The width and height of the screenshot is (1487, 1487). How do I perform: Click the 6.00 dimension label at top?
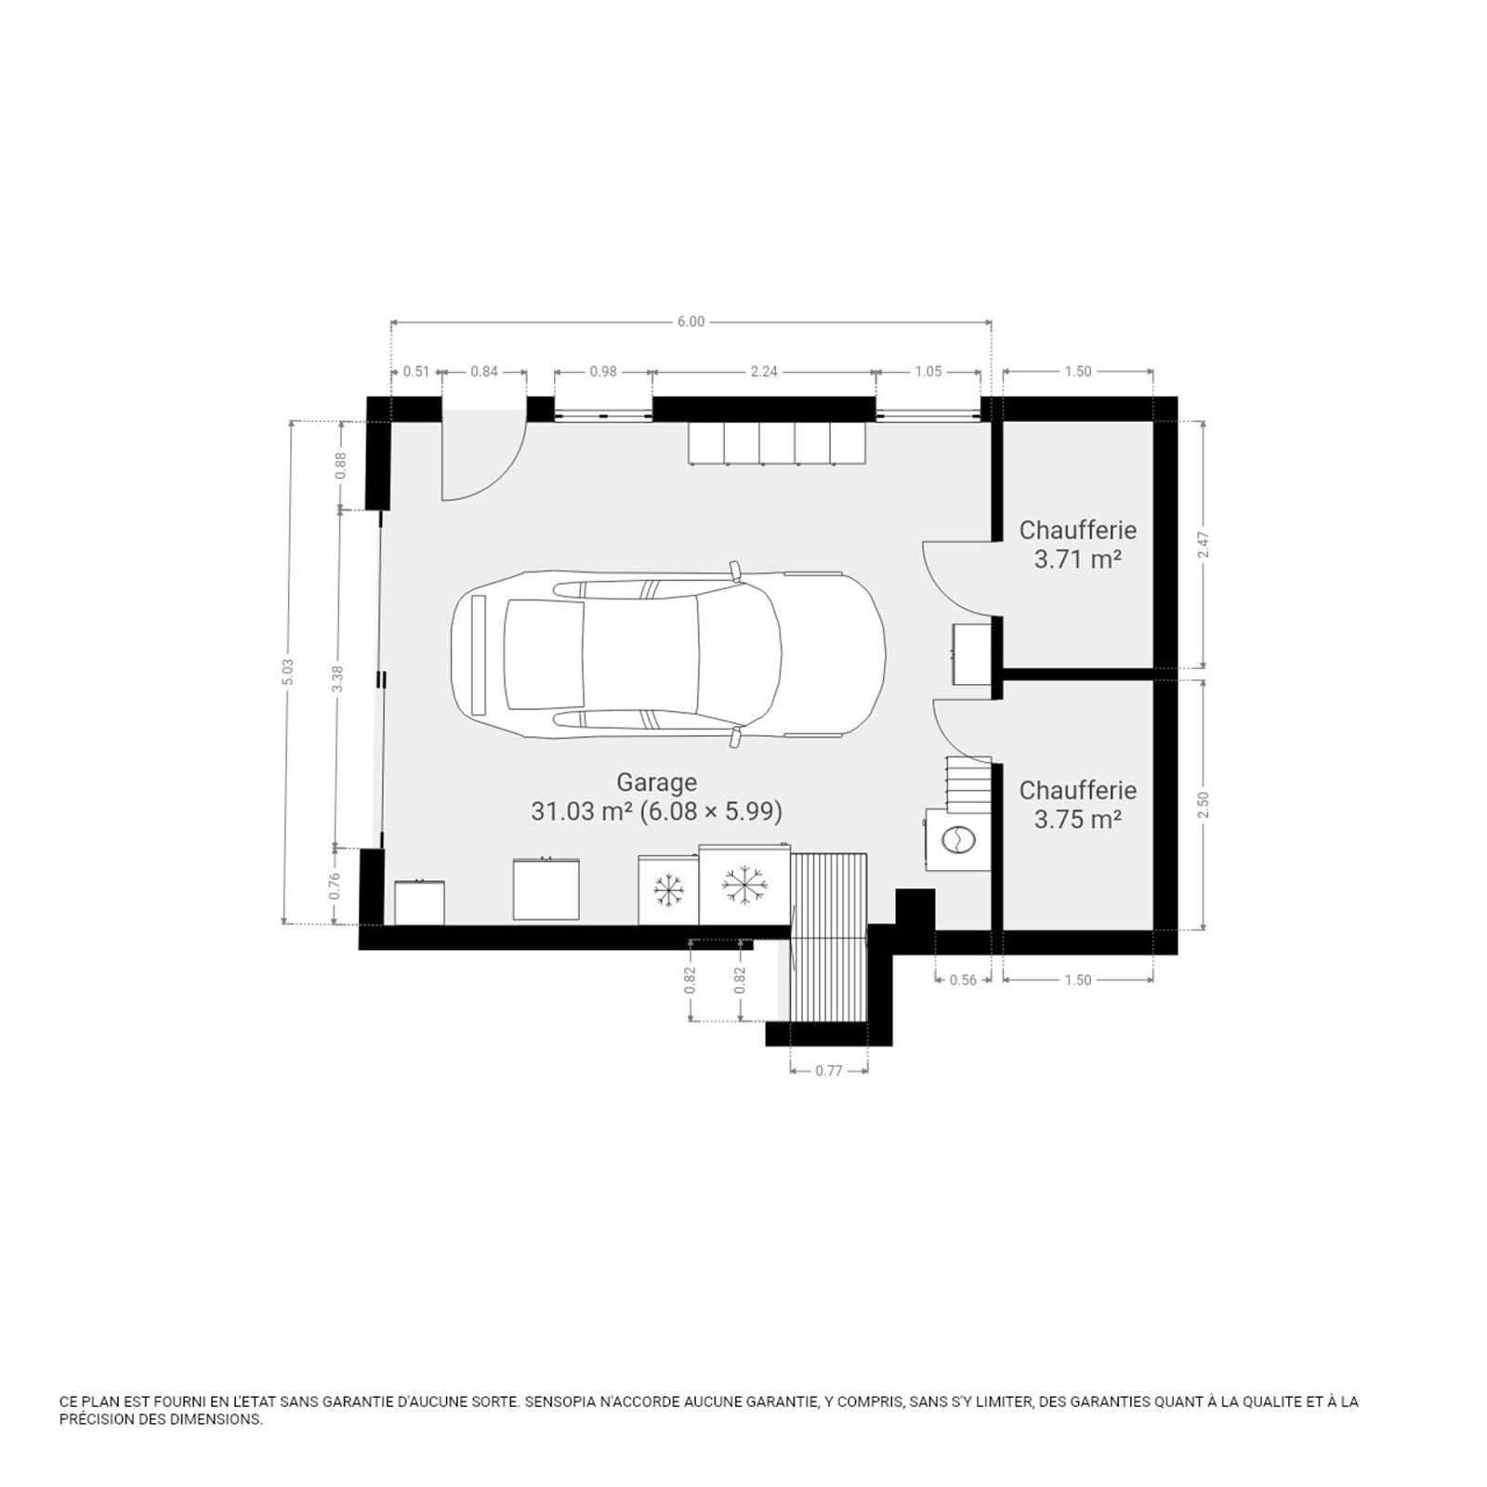point(691,322)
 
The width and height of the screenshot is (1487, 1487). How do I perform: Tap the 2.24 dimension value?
point(764,372)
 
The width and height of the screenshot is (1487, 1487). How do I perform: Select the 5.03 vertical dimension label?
point(288,673)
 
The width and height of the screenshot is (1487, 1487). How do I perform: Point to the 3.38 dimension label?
point(338,678)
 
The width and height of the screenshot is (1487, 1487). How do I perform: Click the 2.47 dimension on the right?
point(1204,545)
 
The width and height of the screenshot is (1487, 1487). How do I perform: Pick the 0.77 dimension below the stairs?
point(829,1071)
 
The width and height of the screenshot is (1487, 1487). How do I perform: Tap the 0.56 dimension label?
point(963,980)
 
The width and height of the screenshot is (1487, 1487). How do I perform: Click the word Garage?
point(656,783)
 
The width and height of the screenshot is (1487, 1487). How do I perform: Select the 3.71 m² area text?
point(1078,559)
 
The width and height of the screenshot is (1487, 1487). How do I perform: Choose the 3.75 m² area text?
point(1078,820)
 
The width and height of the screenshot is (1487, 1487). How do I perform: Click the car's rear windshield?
point(544,654)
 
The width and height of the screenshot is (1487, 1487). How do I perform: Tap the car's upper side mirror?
point(735,570)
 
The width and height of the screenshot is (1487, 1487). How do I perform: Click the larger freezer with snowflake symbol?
point(744,885)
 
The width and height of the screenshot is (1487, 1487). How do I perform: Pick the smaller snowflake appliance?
point(668,890)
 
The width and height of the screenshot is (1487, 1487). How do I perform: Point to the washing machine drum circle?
point(957,839)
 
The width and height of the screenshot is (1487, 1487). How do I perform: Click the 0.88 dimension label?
point(340,465)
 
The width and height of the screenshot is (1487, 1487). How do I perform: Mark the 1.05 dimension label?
point(928,372)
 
